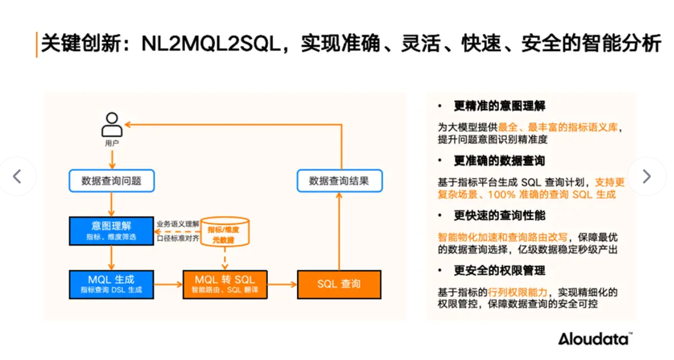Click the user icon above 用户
[x=112, y=125]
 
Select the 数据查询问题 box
[x=112, y=181]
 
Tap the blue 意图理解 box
[x=112, y=231]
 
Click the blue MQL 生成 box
[x=112, y=284]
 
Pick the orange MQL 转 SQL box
[x=225, y=284]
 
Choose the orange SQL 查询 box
[x=339, y=284]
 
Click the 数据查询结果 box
[x=339, y=181]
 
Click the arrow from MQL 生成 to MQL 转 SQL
[x=168, y=284]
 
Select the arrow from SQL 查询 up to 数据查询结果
[x=339, y=231]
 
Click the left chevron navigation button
[x=17, y=177]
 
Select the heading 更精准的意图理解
[x=499, y=106]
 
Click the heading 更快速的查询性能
[x=499, y=215]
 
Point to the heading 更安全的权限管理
[x=499, y=271]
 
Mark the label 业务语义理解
[x=177, y=223]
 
